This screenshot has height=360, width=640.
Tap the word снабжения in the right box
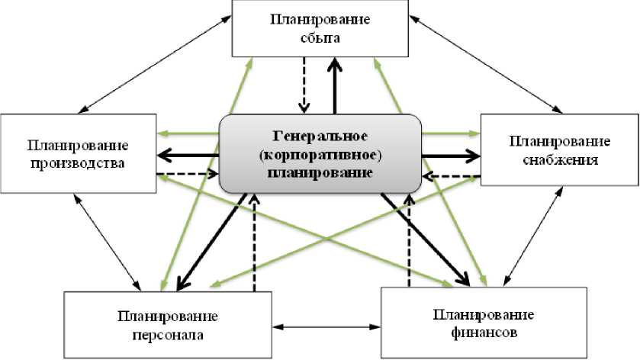click(560, 160)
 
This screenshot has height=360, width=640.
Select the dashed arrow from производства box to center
click(187, 174)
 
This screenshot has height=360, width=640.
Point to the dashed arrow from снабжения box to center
click(451, 175)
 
